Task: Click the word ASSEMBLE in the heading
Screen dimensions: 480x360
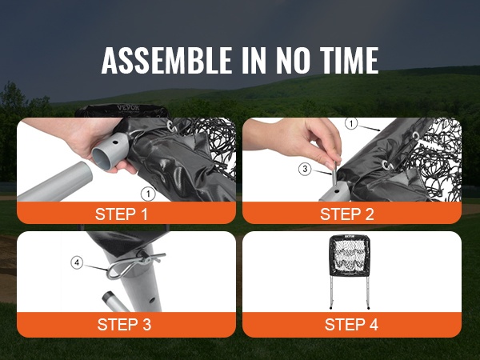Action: click(x=166, y=60)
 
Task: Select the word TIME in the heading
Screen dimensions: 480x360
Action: click(x=350, y=60)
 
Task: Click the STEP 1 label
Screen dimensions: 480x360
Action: click(x=122, y=214)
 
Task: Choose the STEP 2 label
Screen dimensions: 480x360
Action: click(x=347, y=214)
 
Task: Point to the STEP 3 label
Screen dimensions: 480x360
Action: click(x=124, y=325)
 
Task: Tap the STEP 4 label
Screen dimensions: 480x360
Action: click(x=351, y=325)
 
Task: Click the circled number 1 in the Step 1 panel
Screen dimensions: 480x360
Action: click(x=148, y=194)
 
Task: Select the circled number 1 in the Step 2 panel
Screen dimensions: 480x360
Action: click(x=351, y=124)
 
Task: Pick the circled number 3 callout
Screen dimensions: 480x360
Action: click(x=305, y=169)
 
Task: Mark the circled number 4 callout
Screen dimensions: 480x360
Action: click(x=77, y=262)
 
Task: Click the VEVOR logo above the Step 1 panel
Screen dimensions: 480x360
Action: click(x=128, y=108)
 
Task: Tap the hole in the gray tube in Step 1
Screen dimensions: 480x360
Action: click(x=115, y=142)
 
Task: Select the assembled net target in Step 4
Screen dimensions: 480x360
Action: click(x=350, y=271)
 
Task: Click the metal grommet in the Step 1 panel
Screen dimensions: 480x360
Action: click(x=170, y=126)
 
